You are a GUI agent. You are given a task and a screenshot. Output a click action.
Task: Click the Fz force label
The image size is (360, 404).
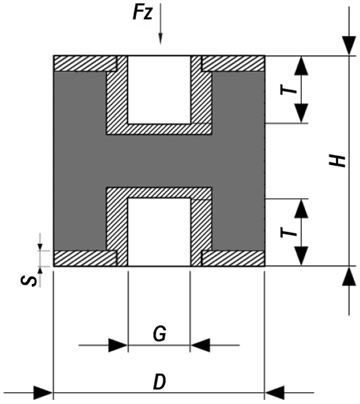click(x=142, y=13)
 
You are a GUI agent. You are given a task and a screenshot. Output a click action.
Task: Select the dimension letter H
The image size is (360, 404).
click(x=337, y=161)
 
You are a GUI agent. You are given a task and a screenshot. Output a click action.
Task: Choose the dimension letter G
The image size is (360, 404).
click(x=159, y=334)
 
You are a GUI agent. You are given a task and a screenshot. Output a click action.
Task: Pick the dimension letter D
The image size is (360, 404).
click(x=159, y=382)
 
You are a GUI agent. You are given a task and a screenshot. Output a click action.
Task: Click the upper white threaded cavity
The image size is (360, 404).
click(x=159, y=90)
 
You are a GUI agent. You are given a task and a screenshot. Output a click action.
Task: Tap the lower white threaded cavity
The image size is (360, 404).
click(x=159, y=232)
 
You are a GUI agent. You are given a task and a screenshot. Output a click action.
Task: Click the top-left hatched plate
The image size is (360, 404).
click(x=85, y=63)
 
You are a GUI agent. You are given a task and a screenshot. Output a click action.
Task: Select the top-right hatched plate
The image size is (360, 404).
click(x=233, y=63)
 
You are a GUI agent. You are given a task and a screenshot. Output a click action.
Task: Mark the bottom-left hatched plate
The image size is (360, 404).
click(x=85, y=259)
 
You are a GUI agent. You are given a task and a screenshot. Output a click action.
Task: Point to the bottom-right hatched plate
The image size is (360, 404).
click(x=233, y=259)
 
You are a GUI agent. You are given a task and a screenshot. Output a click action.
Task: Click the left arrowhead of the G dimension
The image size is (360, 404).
click(x=118, y=345)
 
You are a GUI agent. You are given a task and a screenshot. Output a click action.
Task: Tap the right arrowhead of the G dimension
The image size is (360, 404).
click(x=200, y=345)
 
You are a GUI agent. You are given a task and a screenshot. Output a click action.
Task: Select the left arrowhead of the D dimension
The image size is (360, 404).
click(x=42, y=393)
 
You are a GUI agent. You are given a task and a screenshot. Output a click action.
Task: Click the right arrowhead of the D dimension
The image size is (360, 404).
click(x=274, y=393)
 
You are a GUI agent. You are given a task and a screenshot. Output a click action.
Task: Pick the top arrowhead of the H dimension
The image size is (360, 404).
click(x=349, y=46)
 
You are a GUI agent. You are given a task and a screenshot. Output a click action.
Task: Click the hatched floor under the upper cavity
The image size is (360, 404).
click(x=159, y=129)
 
